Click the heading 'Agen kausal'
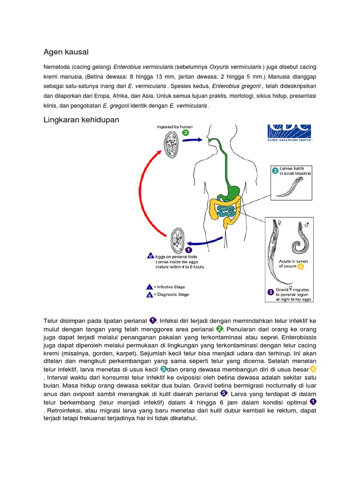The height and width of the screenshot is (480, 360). [66, 52]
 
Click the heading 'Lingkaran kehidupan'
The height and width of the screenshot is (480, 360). [81, 120]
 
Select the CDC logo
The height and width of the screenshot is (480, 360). [289, 132]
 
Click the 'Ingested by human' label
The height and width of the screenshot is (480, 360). [175, 127]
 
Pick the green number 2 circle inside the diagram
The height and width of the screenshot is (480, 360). [186, 133]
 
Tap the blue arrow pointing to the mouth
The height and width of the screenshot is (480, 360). [192, 140]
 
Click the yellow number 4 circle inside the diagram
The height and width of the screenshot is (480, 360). [300, 266]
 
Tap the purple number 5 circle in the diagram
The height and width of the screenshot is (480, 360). [270, 292]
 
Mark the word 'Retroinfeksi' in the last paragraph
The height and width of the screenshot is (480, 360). [63, 411]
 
